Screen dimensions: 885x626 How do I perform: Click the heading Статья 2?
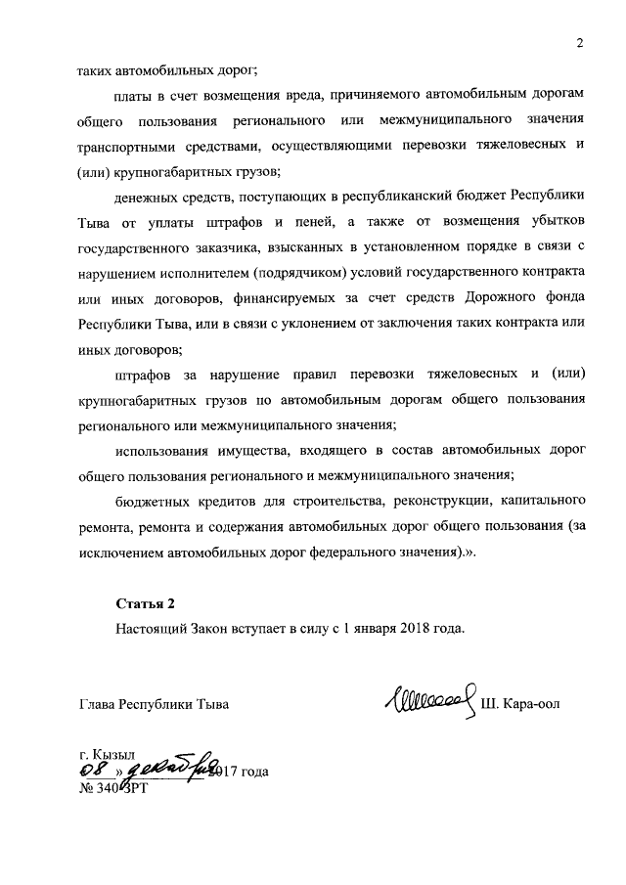point(144,602)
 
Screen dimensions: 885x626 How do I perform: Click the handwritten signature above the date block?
point(433,699)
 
